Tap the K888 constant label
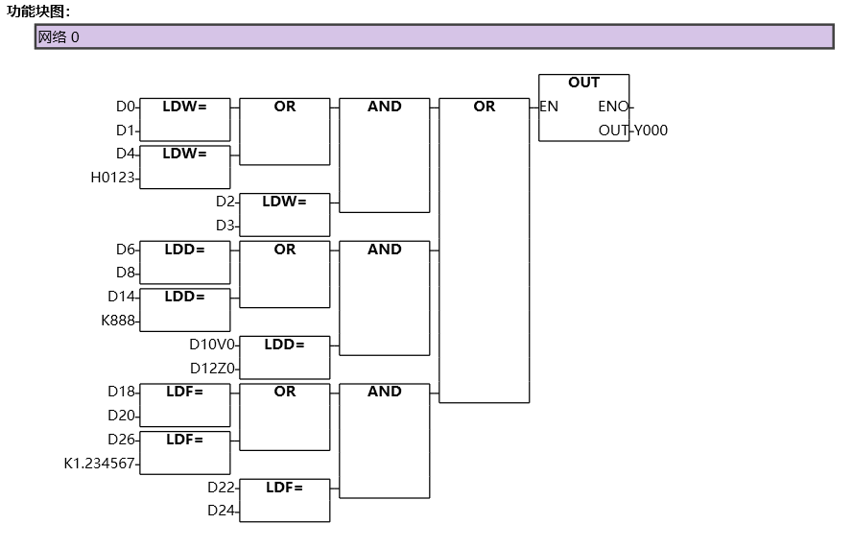coord(119,321)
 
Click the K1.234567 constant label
coord(100,464)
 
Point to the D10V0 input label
coord(212,345)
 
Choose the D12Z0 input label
coord(212,369)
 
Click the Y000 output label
coord(651,131)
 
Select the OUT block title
coord(583,83)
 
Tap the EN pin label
coord(550,107)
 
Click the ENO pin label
coord(612,107)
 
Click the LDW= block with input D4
coord(185,167)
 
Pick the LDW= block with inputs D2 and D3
coord(285,214)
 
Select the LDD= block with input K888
coord(185,309)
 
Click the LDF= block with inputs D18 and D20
coord(185,404)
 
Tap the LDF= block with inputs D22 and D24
coord(285,500)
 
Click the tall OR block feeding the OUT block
coord(485,250)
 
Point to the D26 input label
coord(122,440)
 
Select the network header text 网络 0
coord(59,37)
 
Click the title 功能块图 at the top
coord(38,12)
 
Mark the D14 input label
coord(122,297)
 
